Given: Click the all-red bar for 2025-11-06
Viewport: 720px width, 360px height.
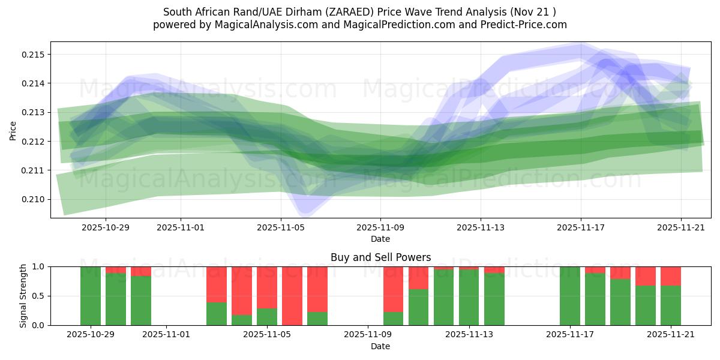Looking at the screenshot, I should (292, 296).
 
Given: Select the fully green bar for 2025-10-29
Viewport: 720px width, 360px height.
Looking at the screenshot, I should (91, 296).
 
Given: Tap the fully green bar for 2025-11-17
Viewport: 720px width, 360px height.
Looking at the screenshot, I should (569, 296).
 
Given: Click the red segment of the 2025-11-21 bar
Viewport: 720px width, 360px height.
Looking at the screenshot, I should (670, 276).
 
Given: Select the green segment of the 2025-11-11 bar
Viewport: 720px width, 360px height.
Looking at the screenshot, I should (418, 307).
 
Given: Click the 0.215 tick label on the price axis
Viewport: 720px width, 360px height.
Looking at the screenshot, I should (34, 55).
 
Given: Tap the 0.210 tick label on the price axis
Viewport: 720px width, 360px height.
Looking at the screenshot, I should (34, 199).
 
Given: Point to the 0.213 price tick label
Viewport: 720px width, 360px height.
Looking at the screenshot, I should (34, 112).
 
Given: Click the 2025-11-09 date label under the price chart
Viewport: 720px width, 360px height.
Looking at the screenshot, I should (380, 227).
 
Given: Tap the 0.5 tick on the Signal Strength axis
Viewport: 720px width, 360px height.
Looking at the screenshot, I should (38, 296).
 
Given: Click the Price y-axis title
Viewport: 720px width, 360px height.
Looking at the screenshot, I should (13, 130).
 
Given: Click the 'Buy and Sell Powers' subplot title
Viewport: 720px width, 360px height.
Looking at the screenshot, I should (380, 257).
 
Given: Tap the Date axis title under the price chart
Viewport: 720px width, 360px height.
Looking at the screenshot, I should (380, 239).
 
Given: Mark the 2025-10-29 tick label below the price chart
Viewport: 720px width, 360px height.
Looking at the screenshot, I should (106, 227).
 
